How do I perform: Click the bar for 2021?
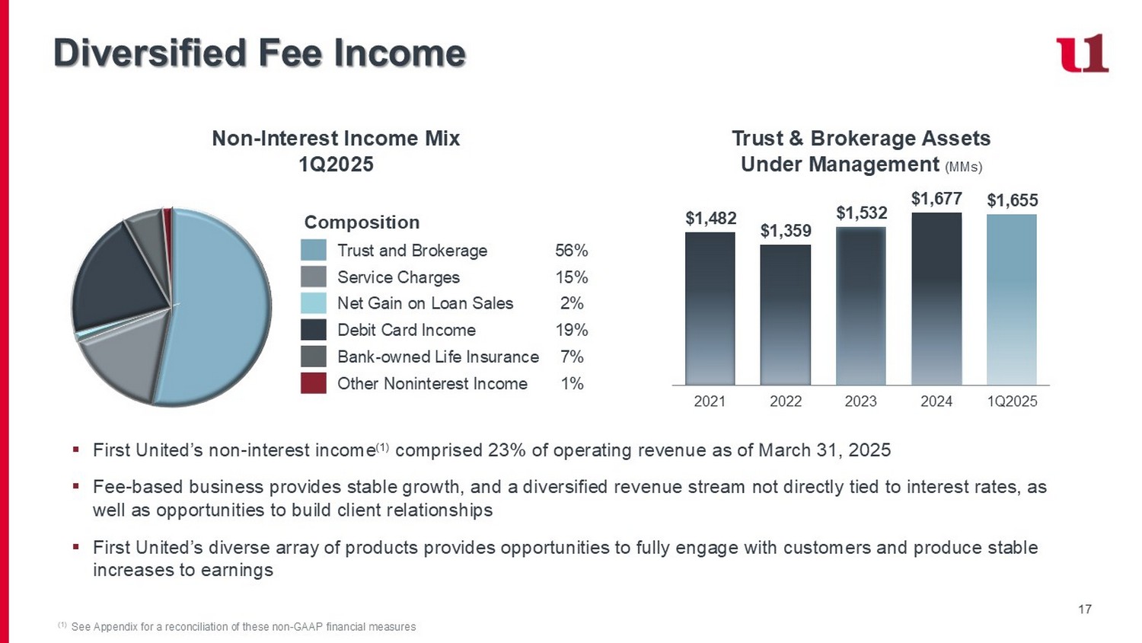pyautogui.click(x=710, y=309)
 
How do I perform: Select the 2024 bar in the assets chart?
pyautogui.click(x=936, y=299)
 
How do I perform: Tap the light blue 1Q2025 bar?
pyautogui.click(x=1012, y=299)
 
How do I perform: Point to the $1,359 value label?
pyautogui.click(x=786, y=231)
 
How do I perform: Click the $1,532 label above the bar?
pyautogui.click(x=861, y=213)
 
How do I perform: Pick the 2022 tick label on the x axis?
pyautogui.click(x=786, y=401)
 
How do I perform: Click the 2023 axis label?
pyautogui.click(x=861, y=401)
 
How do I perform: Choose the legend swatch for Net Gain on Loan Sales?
pyautogui.click(x=314, y=303)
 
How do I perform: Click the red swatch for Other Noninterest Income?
pyautogui.click(x=314, y=383)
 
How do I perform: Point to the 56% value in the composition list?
pyautogui.click(x=571, y=251)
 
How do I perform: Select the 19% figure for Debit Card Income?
pyautogui.click(x=571, y=330)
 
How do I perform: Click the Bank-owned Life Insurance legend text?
pyautogui.click(x=438, y=357)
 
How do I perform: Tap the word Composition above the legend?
pyautogui.click(x=362, y=222)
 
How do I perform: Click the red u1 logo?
pyautogui.click(x=1082, y=53)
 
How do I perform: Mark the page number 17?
pyautogui.click(x=1085, y=609)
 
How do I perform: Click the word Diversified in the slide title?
pyautogui.click(x=150, y=53)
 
